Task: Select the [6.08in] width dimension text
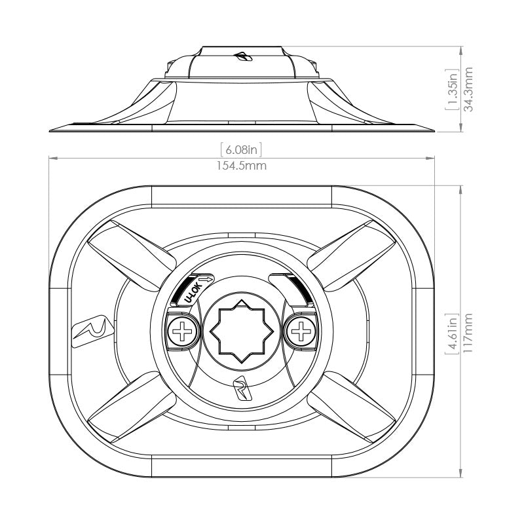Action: tap(242, 148)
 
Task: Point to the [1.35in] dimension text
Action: tap(451, 88)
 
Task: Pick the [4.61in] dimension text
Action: tap(451, 333)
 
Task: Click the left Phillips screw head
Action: tap(181, 332)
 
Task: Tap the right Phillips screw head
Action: tap(301, 332)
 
